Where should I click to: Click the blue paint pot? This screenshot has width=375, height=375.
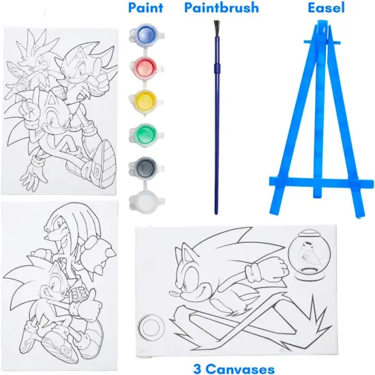[x=146, y=35]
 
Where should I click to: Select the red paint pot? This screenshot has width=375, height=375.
[x=146, y=67]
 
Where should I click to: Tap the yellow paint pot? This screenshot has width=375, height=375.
[x=146, y=100]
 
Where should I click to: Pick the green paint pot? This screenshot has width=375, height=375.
[x=146, y=133]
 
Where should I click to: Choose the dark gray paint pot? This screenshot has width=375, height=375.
[x=146, y=166]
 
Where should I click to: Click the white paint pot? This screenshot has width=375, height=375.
[x=146, y=200]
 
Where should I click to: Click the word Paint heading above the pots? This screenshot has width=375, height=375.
[x=145, y=9]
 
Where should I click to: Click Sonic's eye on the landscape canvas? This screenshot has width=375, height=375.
[x=187, y=280]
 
